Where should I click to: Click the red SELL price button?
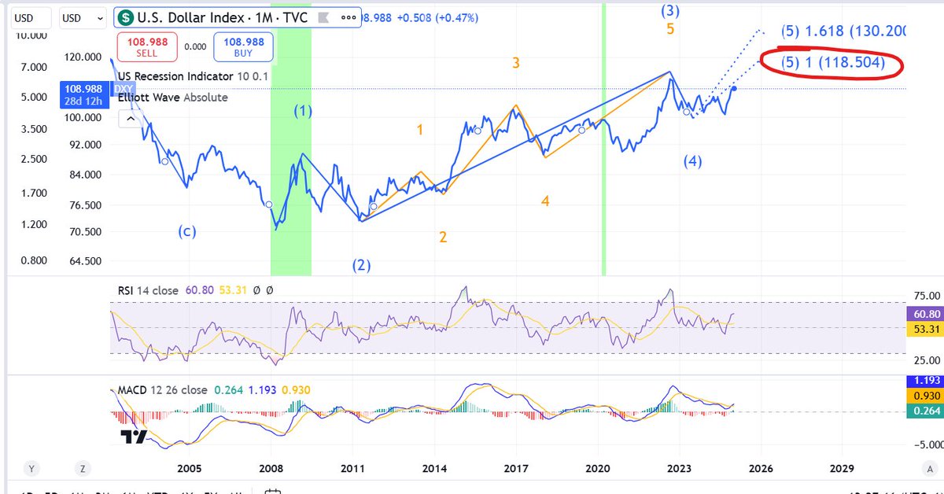(146, 47)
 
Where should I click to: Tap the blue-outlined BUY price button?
(243, 47)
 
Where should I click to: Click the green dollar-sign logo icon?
(124, 17)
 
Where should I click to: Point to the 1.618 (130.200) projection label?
(843, 31)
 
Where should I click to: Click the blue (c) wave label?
(186, 231)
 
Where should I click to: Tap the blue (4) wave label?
(692, 162)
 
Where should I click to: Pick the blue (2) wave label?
(361, 265)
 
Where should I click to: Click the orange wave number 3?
(516, 63)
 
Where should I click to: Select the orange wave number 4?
(544, 202)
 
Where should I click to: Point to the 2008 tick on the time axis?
(271, 468)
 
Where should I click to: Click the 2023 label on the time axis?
(679, 468)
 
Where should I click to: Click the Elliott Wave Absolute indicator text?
(172, 98)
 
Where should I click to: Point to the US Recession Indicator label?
(175, 76)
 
